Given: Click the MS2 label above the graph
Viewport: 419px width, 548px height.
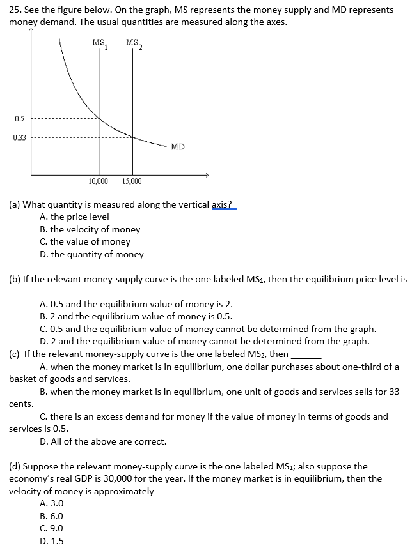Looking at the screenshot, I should click(x=135, y=43).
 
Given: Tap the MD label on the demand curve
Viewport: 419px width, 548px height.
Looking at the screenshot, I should click(x=178, y=147).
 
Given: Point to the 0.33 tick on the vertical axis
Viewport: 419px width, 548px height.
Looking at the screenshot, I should click(x=19, y=137).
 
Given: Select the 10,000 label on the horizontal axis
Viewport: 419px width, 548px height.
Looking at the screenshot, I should click(x=98, y=181).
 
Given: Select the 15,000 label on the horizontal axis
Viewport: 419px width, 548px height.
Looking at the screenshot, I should click(x=132, y=181).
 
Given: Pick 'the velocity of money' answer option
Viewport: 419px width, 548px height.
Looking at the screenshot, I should click(x=90, y=229).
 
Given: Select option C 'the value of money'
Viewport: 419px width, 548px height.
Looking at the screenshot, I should click(x=84, y=241).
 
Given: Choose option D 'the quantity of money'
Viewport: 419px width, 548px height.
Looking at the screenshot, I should click(x=91, y=254).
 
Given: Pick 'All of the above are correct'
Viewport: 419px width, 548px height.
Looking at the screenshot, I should click(x=103, y=441).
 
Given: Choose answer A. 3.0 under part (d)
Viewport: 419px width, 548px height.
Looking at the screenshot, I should click(x=52, y=503).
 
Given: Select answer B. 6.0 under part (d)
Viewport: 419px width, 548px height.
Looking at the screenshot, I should click(x=52, y=516).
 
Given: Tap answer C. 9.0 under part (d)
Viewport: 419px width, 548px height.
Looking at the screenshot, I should click(x=52, y=528).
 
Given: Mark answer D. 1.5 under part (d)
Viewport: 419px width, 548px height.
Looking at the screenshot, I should click(x=52, y=541).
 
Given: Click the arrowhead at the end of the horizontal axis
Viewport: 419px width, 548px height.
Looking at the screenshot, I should click(x=207, y=174).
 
